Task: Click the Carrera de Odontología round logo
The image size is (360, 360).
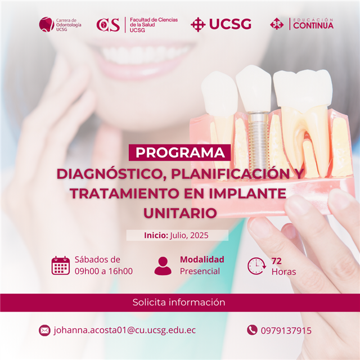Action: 47,24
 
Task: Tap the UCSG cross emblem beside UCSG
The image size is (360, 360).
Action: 198,24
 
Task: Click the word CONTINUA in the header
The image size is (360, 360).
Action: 313,25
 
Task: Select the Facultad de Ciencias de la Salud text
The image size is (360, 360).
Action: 154,25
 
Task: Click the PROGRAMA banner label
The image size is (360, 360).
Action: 180,152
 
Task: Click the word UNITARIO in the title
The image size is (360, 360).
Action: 180,213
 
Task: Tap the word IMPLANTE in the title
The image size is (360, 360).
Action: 247,193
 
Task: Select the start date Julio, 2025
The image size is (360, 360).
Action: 189,235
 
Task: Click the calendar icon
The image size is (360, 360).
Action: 61,265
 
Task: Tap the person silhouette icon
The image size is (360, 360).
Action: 163,266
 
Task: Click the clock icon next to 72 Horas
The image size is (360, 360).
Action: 256,266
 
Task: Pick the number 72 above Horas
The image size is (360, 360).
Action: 276,261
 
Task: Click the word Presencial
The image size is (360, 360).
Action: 200,271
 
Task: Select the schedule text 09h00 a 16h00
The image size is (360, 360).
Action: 103,271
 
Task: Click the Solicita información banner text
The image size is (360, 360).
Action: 179,302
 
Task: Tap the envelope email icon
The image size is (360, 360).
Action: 44,330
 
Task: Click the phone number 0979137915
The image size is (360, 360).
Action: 286,331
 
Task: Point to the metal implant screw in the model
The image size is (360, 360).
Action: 259,139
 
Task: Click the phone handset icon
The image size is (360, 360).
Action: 252,330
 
